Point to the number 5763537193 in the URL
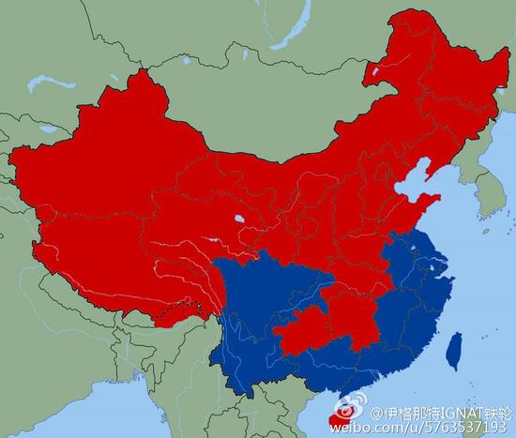pos(460,427)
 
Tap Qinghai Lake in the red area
pos(241,222)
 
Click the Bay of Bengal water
pos(103,413)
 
